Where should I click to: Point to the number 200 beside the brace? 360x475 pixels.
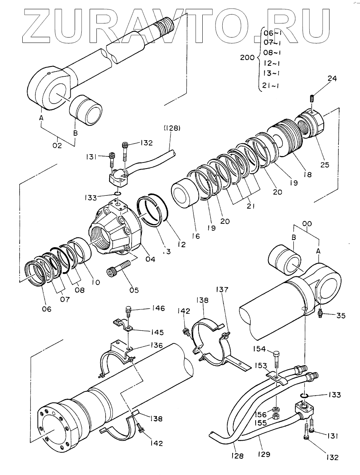point(248,58)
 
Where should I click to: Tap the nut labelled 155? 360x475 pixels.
point(276,417)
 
